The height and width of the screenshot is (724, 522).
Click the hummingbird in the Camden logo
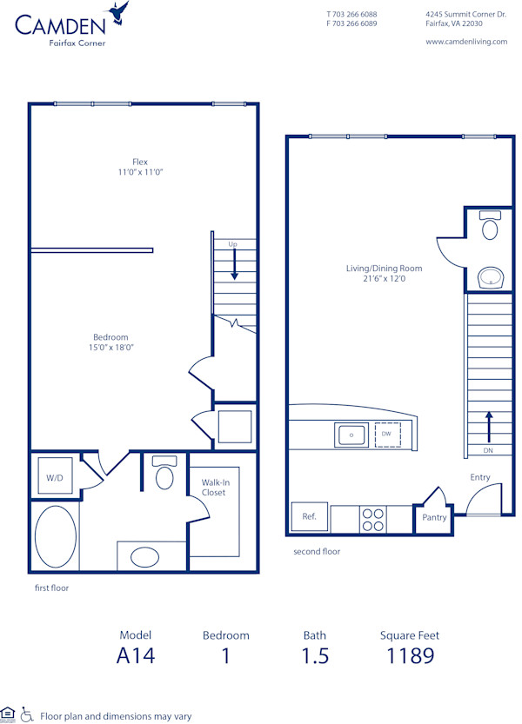coord(118,13)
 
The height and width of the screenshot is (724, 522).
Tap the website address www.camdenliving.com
coord(466,41)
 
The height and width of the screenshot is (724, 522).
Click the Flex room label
coord(140,162)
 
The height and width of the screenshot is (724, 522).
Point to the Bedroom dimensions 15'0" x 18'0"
coord(111,348)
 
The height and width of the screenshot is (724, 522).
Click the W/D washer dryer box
coord(55,477)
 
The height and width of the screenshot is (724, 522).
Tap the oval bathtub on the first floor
coord(56,536)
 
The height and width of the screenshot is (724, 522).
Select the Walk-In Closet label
coord(214,487)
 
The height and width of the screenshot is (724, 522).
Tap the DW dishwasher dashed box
coord(387,434)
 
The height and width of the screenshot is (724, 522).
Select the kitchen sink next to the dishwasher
coord(351,434)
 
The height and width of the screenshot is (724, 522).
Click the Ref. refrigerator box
coord(310,516)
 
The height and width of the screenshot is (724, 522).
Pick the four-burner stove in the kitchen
coord(373,520)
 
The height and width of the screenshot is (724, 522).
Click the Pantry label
coord(434,517)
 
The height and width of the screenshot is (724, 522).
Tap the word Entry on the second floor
coord(480,477)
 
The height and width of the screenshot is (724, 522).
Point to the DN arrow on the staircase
coord(488,430)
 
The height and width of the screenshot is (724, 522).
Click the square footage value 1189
coord(410,655)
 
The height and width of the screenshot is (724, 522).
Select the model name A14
coord(136,655)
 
